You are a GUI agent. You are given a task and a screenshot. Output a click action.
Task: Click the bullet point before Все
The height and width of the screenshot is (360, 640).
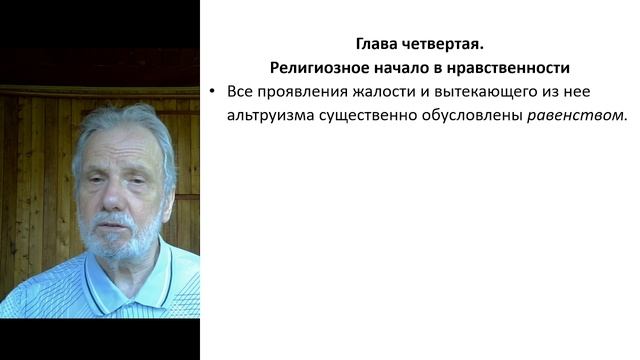213,91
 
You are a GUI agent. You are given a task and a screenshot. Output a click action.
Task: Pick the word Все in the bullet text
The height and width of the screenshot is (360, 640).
241,91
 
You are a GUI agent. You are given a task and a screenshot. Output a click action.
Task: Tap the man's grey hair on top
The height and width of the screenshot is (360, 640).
120,118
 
